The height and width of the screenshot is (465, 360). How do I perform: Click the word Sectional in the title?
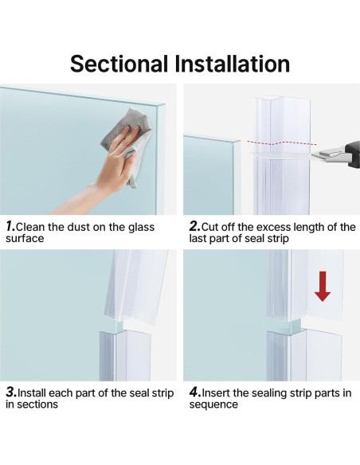[x=119, y=64]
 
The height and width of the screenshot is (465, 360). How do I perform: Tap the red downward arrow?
[x=323, y=287]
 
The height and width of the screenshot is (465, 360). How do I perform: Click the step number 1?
[x=10, y=227]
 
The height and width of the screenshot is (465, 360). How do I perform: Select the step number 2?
[x=195, y=227]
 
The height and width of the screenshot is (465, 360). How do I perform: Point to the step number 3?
[x=12, y=393]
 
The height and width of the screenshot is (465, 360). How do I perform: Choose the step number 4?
[x=195, y=393]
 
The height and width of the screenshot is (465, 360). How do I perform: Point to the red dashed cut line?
[x=281, y=143]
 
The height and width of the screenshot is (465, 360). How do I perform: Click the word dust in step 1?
[x=79, y=227]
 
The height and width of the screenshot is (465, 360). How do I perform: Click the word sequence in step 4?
[x=213, y=404]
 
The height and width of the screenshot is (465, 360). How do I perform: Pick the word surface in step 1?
[x=25, y=238]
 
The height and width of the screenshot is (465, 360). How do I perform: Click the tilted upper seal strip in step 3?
[x=136, y=286]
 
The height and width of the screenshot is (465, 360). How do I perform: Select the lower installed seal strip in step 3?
[x=125, y=356]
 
